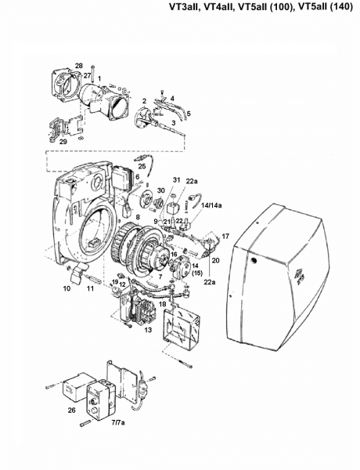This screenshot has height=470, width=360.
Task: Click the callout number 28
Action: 79,66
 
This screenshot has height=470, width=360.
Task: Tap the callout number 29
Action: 63,142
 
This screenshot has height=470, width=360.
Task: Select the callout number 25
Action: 142,166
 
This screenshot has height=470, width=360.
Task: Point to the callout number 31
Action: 177,180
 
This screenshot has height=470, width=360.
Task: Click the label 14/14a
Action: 212,205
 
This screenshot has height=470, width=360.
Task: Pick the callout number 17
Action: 225,237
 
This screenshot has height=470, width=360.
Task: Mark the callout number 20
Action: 216,261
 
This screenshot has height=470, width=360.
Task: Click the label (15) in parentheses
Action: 197,273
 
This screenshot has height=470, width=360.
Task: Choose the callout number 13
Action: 148,330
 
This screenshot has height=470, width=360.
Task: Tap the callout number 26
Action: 71,410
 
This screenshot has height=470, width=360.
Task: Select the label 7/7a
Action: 118,423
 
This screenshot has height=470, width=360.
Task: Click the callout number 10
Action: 67,288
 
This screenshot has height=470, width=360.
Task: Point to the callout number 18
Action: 162,304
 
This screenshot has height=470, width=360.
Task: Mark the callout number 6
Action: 138,177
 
